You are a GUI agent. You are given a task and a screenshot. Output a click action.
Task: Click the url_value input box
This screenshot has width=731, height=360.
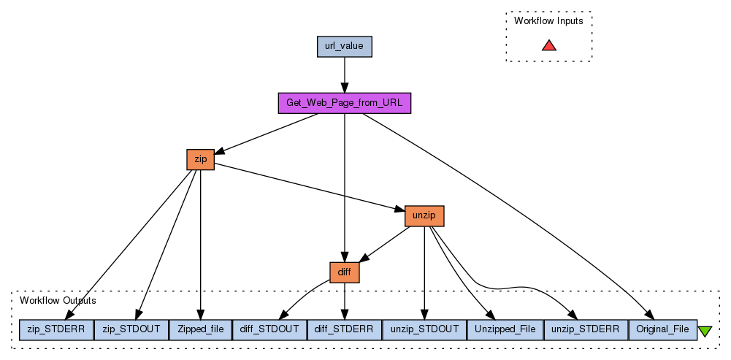pos(345,47)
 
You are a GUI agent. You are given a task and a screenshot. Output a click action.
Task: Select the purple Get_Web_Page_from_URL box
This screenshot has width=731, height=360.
pos(345,103)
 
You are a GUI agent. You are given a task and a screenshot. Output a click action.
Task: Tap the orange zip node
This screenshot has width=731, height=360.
pos(201,159)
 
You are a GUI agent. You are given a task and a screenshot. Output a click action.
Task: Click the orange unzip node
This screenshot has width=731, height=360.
pos(424,216)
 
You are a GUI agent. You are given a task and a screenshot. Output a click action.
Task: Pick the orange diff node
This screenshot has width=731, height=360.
pos(345,272)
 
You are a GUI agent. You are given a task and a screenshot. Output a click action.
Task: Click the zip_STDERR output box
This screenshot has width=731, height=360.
pos(57,329)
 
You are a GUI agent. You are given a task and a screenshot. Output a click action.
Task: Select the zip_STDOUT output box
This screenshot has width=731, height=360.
pos(132,329)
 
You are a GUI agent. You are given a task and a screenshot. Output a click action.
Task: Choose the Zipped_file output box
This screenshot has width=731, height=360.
pos(201,329)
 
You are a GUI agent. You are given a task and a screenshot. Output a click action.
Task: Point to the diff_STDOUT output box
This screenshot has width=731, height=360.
pos(269,329)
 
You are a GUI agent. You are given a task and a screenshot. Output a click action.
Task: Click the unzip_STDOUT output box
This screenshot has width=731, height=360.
pos(424,329)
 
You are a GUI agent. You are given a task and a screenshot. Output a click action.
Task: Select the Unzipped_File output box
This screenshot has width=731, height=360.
pos(505,329)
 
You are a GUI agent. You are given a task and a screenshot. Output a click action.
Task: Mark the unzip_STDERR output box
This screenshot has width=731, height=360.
pos(586,329)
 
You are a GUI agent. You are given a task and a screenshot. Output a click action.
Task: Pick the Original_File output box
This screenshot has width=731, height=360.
pos(662,329)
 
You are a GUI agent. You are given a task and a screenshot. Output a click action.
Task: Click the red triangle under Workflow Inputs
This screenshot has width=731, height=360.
pos(549,45)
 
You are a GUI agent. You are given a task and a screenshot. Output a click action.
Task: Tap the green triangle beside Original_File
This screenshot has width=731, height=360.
pos(705,331)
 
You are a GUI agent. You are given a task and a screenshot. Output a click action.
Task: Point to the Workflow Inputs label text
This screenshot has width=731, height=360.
pos(548,20)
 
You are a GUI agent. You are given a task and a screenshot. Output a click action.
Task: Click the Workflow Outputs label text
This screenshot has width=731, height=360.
pos(58,300)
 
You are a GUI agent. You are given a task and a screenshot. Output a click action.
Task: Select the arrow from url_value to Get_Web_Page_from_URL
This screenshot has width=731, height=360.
pos(345,74)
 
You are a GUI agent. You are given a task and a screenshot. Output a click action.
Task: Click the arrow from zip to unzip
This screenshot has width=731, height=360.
pos(307,188)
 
